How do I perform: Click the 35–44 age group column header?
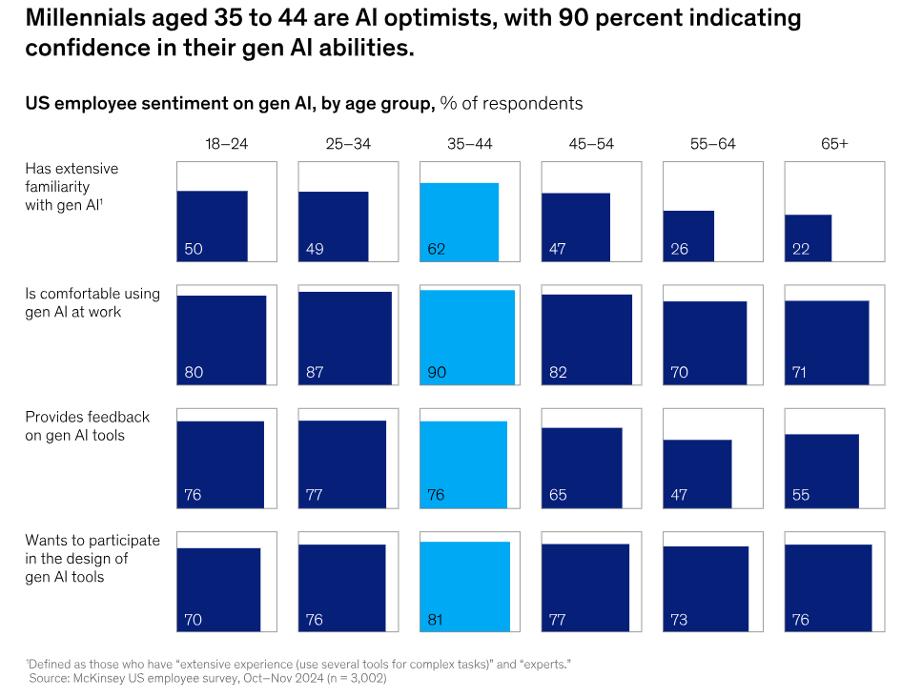point(469,144)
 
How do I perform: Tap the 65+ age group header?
point(834,144)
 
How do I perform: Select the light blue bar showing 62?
point(460,222)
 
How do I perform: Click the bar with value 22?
point(809,237)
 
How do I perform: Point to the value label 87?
point(315,373)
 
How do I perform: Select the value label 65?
point(558,496)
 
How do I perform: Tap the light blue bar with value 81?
point(465,586)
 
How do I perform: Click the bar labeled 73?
point(707,588)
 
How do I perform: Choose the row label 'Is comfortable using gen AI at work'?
point(92,302)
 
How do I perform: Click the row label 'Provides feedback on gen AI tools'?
point(88,426)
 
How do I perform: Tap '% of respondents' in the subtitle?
point(511,103)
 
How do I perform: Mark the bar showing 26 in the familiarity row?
point(688,236)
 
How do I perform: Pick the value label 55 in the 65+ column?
point(801,496)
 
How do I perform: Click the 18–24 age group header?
point(226,144)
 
